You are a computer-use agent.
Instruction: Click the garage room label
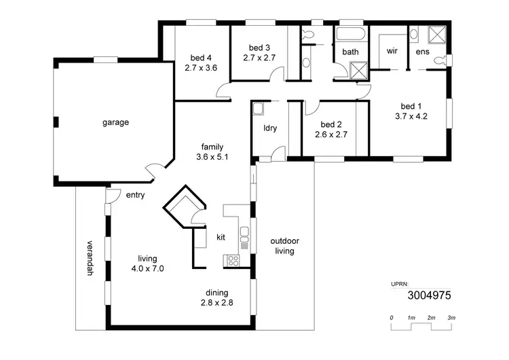(115, 123)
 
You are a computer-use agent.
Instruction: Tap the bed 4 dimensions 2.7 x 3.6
(201, 68)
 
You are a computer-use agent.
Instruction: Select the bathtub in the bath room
(350, 35)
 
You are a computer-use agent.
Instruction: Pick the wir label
(392, 51)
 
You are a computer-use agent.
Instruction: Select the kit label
(221, 238)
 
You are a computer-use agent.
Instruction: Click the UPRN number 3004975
(429, 295)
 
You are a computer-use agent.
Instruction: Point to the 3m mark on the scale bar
(451, 318)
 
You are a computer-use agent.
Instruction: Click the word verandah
(89, 259)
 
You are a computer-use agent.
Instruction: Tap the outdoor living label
(284, 246)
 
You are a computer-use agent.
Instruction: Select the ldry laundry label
(268, 128)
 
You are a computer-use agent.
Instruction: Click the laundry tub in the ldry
(258, 109)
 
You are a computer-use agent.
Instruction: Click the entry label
(136, 195)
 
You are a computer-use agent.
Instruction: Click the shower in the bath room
(358, 70)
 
